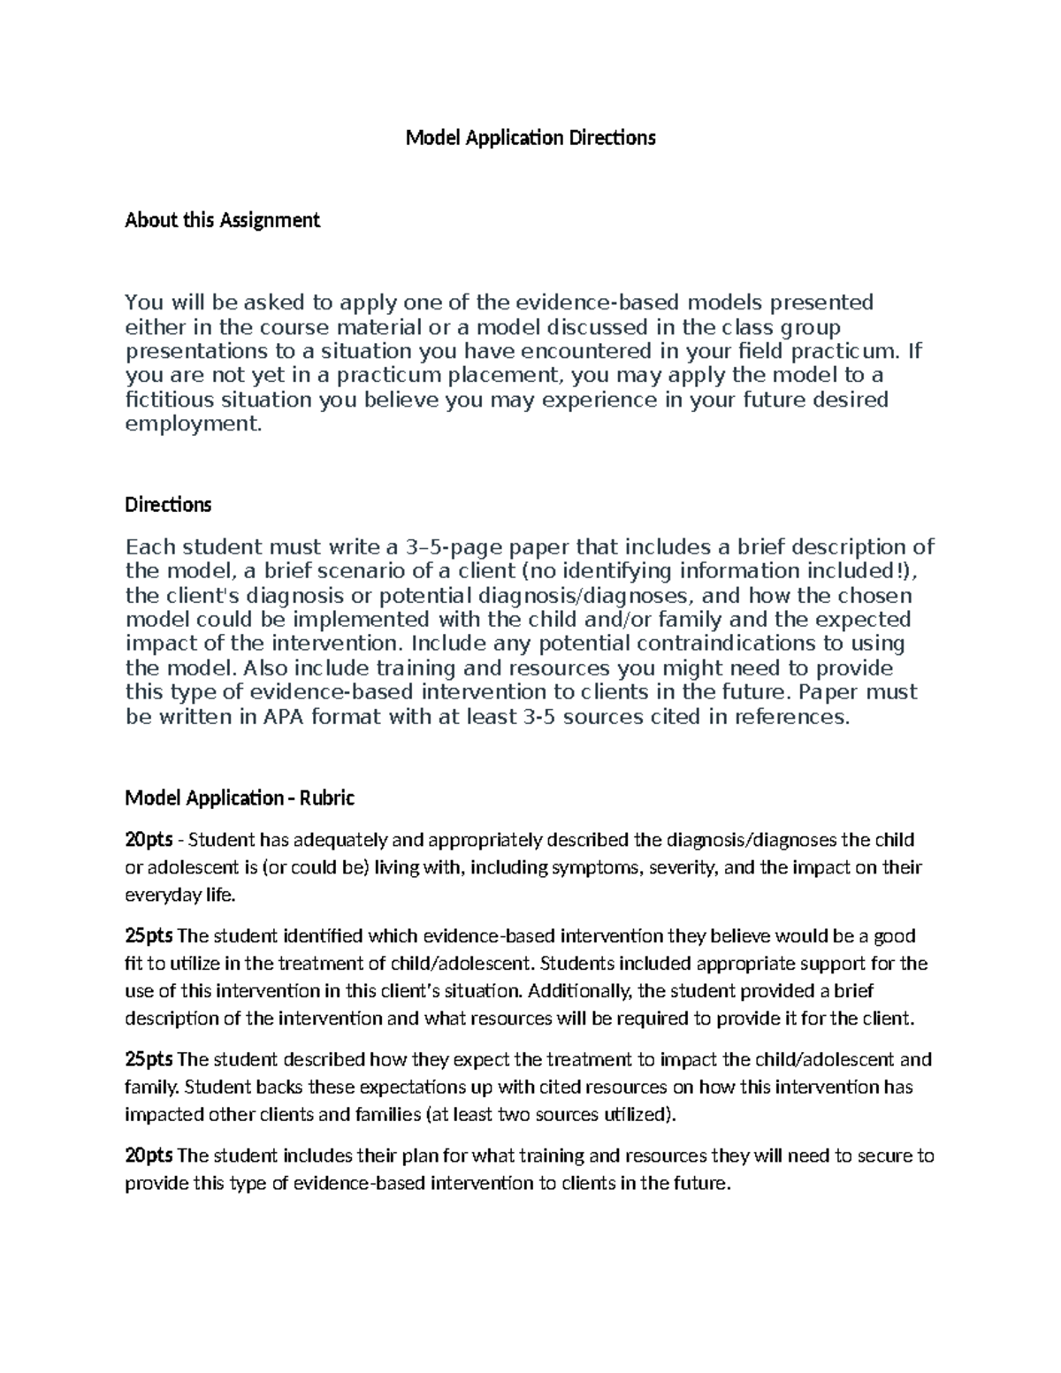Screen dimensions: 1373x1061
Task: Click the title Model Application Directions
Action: coord(530,138)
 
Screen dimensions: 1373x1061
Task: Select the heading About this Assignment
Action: coord(222,220)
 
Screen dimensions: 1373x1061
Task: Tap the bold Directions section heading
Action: coord(168,505)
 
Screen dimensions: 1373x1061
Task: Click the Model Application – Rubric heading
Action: coord(240,798)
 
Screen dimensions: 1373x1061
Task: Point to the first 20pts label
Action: coord(149,839)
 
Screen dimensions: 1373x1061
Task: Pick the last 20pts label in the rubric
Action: coord(149,1156)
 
